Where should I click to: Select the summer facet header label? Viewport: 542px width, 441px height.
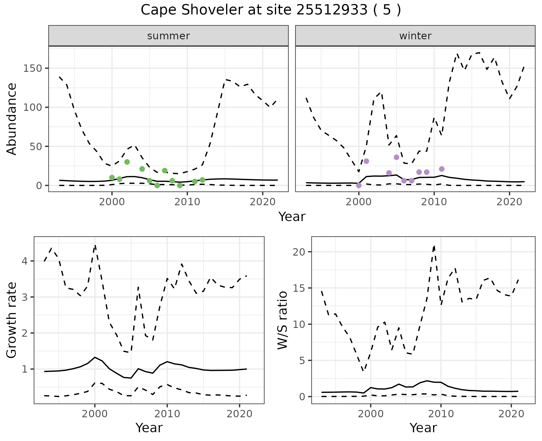click(169, 36)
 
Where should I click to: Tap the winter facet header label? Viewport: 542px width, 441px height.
click(415, 36)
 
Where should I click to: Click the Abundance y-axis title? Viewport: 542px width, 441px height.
click(12, 119)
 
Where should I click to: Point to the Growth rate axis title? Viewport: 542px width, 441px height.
click(12, 320)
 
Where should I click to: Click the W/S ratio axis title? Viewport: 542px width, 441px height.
click(282, 320)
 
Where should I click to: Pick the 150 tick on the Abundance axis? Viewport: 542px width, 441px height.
click(32, 68)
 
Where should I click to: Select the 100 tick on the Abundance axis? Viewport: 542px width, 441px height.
click(32, 107)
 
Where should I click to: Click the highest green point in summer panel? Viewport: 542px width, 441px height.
click(127, 162)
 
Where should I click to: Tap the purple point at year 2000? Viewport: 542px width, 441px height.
click(359, 185)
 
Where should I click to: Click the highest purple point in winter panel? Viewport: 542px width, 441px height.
click(397, 157)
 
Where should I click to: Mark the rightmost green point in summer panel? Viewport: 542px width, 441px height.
click(202, 180)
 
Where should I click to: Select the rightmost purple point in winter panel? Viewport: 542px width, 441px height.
click(442, 169)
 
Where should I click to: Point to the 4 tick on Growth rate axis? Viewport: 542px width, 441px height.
click(25, 261)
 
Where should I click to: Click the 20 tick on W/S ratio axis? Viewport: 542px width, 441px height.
click(298, 252)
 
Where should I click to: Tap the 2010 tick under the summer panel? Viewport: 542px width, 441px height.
click(187, 202)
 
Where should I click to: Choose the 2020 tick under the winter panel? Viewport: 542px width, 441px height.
click(509, 202)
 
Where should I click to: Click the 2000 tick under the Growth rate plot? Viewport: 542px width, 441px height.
click(95, 414)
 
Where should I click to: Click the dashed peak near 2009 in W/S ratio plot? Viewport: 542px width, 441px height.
click(434, 246)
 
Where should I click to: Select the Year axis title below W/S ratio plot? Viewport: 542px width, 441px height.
click(423, 428)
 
